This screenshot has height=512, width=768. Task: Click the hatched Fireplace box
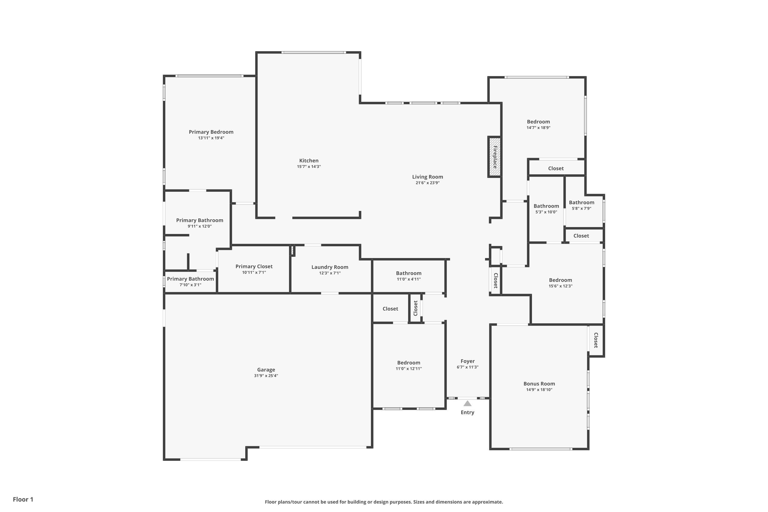(x=495, y=157)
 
